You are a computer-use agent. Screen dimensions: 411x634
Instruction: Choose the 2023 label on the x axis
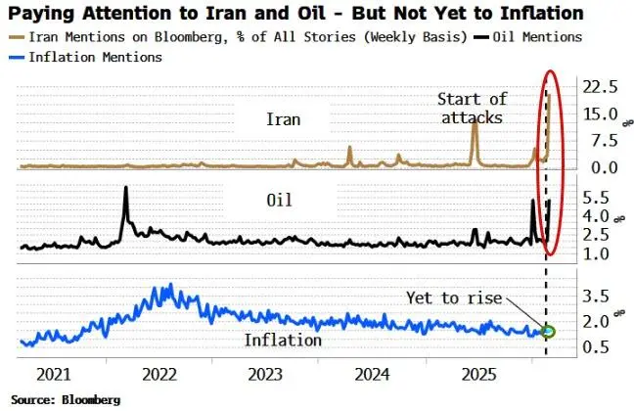click(x=266, y=375)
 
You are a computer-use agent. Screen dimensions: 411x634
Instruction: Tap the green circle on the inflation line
click(x=549, y=332)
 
